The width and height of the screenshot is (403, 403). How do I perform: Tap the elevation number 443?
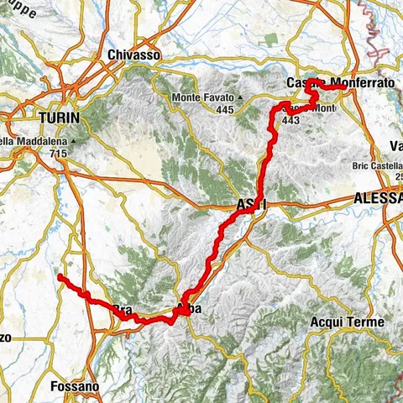(292, 120)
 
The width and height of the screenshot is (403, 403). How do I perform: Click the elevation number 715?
(60, 154)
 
